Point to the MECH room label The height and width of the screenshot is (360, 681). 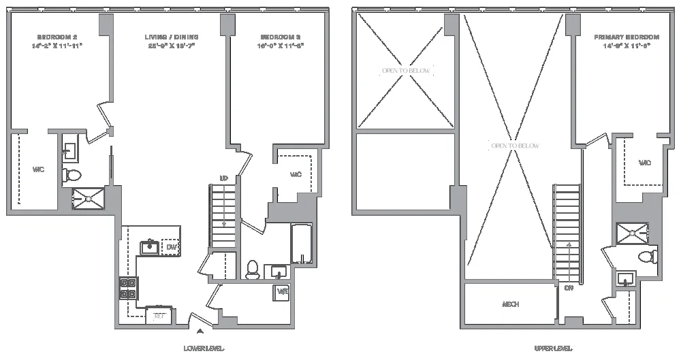(x=511, y=304)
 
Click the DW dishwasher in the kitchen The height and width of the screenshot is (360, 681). (x=171, y=247)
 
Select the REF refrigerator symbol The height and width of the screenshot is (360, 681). (x=159, y=316)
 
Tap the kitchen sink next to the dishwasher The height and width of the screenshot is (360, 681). (x=150, y=246)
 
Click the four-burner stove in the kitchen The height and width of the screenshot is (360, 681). (x=127, y=289)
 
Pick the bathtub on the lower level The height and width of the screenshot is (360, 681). (x=302, y=244)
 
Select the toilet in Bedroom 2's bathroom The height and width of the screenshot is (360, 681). (x=72, y=175)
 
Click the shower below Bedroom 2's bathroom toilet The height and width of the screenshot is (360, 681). (x=89, y=197)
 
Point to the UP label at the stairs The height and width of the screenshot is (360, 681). (x=223, y=178)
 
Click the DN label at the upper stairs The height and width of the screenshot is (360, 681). (x=568, y=287)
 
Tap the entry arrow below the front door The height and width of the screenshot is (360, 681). (x=199, y=332)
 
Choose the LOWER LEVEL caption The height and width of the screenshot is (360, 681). (x=204, y=348)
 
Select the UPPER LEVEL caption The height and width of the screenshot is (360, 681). (x=553, y=348)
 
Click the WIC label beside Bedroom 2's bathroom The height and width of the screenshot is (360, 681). (x=38, y=169)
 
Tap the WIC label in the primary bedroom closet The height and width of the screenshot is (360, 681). (x=644, y=163)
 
